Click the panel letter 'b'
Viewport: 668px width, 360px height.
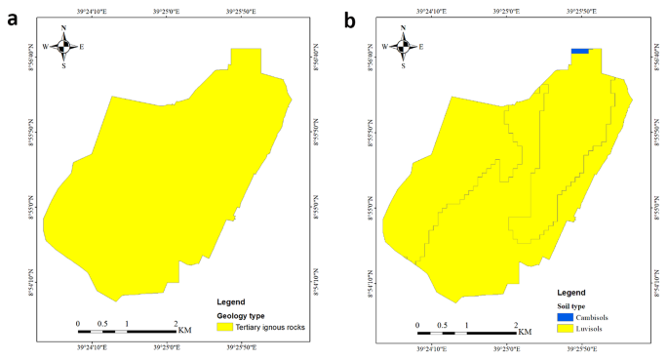pos(349,18)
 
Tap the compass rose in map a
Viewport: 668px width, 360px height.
pos(63,46)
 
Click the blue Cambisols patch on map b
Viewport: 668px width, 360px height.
pos(581,51)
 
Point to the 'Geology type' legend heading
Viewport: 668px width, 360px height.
pos(242,316)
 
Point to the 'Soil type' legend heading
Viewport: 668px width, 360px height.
pos(575,307)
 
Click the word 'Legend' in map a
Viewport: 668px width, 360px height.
pos(233,302)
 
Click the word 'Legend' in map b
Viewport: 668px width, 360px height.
pos(572,294)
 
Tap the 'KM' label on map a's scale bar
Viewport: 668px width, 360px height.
pos(185,331)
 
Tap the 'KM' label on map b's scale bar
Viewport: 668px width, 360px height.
pos(526,333)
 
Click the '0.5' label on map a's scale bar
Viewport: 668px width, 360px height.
pos(101,323)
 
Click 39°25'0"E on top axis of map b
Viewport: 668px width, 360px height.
pos(505,12)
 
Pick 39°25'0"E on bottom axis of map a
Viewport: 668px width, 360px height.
pos(166,347)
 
